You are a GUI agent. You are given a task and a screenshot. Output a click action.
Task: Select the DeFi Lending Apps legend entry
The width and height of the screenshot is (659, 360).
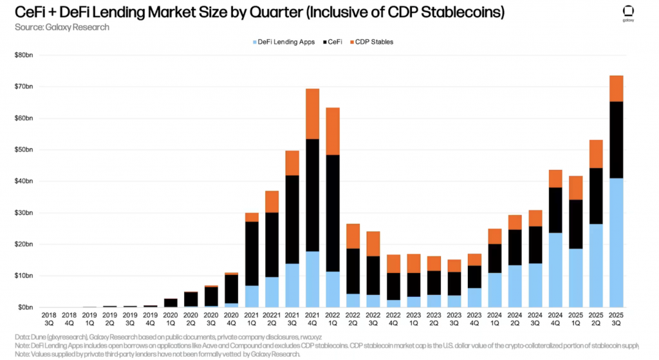click(x=283, y=42)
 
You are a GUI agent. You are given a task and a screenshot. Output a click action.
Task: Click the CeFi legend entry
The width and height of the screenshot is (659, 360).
click(x=332, y=42)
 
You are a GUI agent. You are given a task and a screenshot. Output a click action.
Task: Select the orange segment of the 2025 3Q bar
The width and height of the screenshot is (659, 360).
click(x=616, y=88)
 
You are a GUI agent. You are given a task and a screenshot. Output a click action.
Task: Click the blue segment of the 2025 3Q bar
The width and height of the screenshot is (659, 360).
click(x=616, y=242)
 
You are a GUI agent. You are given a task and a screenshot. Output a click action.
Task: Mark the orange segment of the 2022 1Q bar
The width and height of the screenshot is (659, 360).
click(x=333, y=131)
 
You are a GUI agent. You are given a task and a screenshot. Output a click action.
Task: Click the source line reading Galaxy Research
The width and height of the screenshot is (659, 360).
click(x=62, y=27)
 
